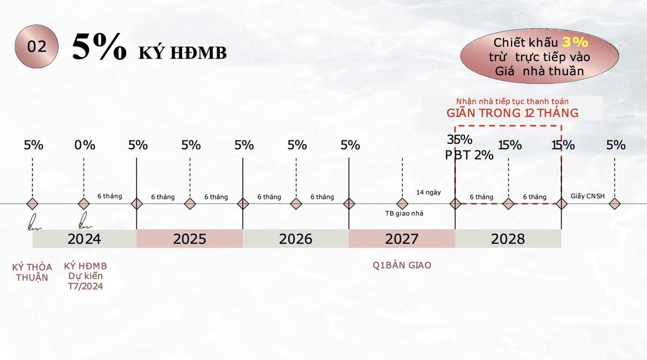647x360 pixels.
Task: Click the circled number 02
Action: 37,47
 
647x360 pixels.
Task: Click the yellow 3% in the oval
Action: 575,43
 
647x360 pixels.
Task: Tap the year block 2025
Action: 189,238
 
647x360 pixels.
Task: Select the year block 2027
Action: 402,238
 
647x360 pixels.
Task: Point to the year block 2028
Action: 508,238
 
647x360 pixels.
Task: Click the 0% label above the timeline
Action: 85,145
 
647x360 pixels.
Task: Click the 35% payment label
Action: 459,140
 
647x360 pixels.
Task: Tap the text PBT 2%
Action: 469,155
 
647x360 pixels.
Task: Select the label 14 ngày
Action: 428,193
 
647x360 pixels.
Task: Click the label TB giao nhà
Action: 404,214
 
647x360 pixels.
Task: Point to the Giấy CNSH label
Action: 587,196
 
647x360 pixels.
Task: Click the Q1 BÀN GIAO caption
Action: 402,265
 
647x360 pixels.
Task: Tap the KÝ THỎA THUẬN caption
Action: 32,272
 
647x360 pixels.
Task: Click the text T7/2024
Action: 85,287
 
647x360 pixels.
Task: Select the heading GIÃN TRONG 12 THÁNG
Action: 513,113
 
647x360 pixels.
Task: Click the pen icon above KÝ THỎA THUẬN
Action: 33,222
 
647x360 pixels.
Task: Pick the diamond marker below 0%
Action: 84,204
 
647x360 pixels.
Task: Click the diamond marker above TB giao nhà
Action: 402,204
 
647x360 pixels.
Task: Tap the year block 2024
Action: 84,238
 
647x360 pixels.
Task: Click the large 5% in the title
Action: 99,46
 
